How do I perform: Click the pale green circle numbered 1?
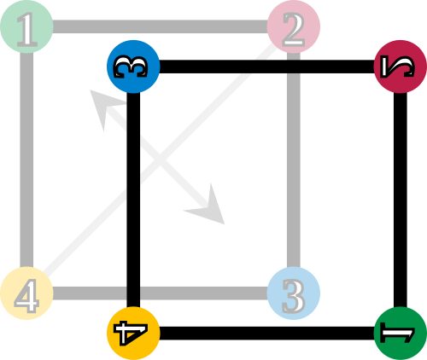click(26, 26)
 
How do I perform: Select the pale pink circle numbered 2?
click(294, 26)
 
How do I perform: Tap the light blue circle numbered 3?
click(294, 293)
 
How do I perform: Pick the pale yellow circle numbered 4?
click(26, 293)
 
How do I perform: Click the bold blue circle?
click(133, 67)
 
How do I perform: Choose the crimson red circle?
click(401, 67)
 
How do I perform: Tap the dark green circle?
click(401, 334)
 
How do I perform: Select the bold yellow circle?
click(133, 334)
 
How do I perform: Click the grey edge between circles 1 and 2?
click(160, 26)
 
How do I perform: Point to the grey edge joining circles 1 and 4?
click(26, 160)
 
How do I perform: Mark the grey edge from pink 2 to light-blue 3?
click(294, 160)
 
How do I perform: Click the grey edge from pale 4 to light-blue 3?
click(160, 293)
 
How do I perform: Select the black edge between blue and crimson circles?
click(266, 67)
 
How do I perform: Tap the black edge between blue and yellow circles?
click(133, 200)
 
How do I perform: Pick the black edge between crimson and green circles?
click(401, 200)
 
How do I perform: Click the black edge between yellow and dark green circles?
click(266, 334)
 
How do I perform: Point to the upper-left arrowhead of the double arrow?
click(103, 106)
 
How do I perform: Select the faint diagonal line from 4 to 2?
click(160, 160)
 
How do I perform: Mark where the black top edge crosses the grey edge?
click(294, 67)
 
